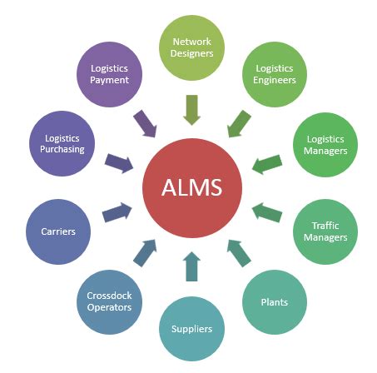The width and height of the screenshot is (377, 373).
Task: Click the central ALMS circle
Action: pos(192,186)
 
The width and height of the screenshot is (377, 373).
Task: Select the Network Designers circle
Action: pos(192,47)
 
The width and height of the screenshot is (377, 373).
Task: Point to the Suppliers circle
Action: pos(191,327)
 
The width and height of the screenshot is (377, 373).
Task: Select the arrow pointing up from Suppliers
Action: pos(191,266)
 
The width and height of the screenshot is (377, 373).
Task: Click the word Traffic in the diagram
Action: pos(325,225)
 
